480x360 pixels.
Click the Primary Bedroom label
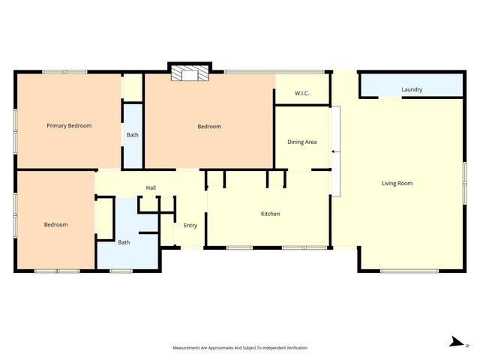(69, 126)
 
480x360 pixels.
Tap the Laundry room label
(412, 90)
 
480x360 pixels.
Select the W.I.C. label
(302, 94)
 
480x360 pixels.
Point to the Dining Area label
(302, 142)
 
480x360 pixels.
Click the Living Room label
(397, 184)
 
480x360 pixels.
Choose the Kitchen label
(270, 214)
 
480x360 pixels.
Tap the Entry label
(190, 226)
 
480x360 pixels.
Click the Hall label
(151, 187)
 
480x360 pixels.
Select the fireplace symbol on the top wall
(189, 73)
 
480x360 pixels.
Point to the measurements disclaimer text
(240, 348)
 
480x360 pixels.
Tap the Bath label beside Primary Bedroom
(132, 136)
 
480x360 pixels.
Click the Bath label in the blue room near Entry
(124, 242)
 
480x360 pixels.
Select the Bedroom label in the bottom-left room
(55, 225)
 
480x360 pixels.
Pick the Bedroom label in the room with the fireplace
(209, 127)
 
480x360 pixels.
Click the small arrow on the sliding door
(334, 152)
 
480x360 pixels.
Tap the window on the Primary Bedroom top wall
(64, 72)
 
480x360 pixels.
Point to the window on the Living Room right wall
(465, 184)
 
